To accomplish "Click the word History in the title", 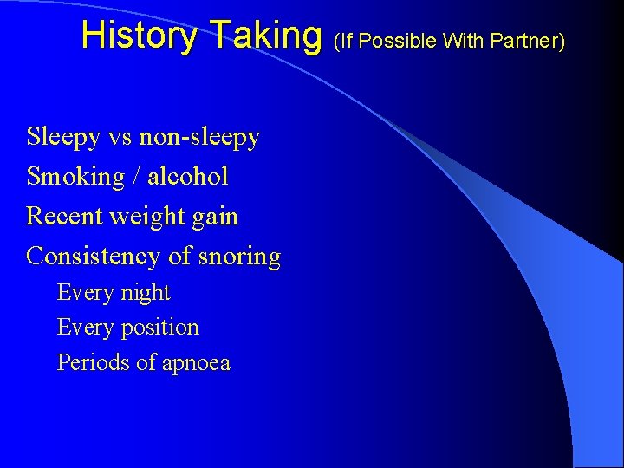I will click(138, 36).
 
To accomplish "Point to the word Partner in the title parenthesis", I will click(530, 40).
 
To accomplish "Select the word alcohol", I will click(188, 177).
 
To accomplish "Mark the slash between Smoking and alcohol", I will click(137, 177).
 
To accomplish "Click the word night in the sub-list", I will click(146, 293).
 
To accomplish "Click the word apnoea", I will click(194, 363).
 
